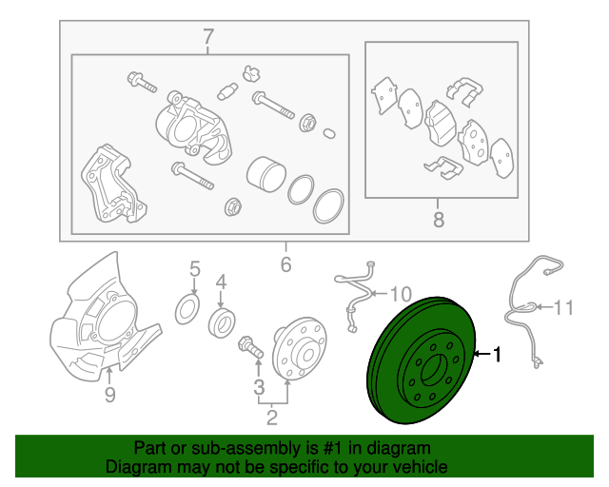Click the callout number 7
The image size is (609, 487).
[x=208, y=37]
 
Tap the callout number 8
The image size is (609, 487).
[x=439, y=220]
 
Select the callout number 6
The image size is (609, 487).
[x=285, y=264]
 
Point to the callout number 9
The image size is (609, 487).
[x=110, y=395]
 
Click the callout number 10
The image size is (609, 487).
[x=400, y=294]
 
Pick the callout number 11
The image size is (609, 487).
[x=562, y=307]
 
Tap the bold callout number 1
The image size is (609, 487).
[x=497, y=354]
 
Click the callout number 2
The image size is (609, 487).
[x=272, y=417]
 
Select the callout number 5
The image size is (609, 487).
[x=194, y=269]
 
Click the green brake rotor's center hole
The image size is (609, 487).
[x=435, y=370]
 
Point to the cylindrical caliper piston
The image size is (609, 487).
[x=266, y=174]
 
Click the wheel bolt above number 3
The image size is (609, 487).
[x=251, y=347]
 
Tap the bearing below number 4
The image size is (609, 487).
[x=222, y=321]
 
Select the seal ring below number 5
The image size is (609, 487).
[x=187, y=309]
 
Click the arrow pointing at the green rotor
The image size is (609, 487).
[x=482, y=354]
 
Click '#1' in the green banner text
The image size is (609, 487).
[x=332, y=448]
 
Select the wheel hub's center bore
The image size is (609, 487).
[x=307, y=355]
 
